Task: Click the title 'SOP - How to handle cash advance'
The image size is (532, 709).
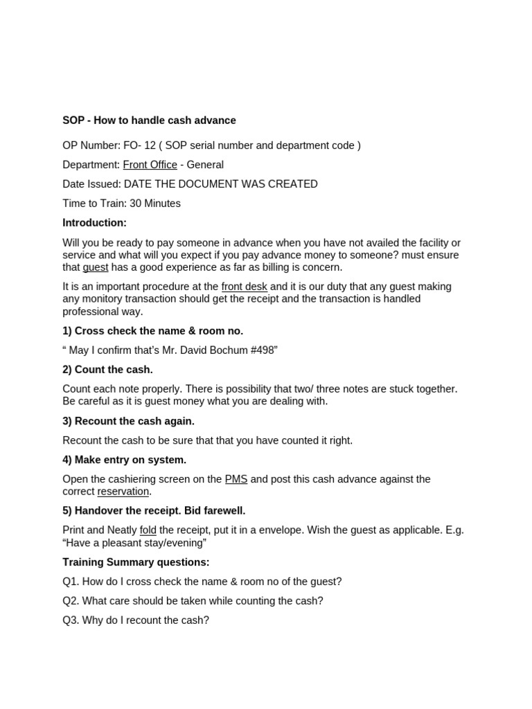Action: pos(149,120)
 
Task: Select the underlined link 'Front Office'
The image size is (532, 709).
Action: pos(150,165)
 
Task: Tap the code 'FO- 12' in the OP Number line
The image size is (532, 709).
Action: pos(139,145)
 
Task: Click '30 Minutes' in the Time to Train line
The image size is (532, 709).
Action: pos(155,204)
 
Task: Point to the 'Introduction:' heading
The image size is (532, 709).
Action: pos(95,223)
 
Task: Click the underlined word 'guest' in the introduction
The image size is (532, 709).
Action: pos(96,267)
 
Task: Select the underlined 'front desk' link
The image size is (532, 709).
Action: pos(244,287)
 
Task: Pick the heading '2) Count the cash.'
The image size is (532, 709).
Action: pos(107,370)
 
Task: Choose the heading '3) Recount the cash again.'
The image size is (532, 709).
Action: pos(128,421)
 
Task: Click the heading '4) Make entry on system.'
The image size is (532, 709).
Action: pos(124,460)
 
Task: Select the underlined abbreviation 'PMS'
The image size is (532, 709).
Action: pos(236,479)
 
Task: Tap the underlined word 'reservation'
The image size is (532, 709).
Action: pos(123,492)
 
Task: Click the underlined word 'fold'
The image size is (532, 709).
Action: pos(148,530)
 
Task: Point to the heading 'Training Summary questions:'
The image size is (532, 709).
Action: pos(136,562)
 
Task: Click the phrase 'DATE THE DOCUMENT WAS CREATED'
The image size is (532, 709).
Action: pos(220,184)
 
